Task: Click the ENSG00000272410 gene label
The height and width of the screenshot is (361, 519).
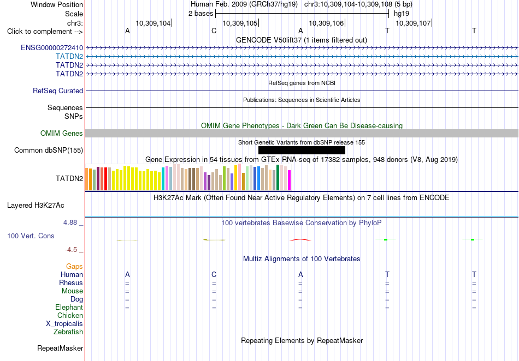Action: (52, 48)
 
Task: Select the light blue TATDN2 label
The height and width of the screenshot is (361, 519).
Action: (69, 57)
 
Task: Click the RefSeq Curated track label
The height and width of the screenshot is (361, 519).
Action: (58, 91)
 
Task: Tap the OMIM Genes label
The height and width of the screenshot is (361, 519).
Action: (62, 134)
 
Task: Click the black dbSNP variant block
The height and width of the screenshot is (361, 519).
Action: (302, 151)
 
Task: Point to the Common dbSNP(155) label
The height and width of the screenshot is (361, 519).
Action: (49, 151)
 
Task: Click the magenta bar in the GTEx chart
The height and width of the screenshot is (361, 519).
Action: (290, 180)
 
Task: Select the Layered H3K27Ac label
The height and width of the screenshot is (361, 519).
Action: (36, 206)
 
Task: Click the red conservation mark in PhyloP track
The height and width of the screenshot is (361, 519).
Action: (300, 240)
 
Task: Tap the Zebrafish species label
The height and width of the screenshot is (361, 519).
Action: (68, 332)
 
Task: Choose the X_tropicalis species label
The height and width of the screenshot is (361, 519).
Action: (64, 324)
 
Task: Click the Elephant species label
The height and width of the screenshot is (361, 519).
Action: (69, 308)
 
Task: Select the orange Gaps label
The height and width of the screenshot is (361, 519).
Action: (74, 267)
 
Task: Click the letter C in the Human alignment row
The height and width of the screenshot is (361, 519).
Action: (214, 275)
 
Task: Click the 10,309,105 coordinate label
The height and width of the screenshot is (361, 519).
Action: (240, 23)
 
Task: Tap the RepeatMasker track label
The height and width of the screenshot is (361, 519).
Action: (60, 348)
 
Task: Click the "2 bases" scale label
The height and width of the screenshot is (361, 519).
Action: (201, 14)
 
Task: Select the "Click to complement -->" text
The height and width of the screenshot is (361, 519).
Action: (45, 32)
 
